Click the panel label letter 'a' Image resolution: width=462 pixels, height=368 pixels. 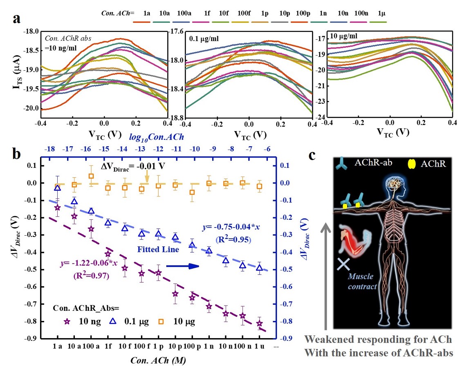tap(17, 20)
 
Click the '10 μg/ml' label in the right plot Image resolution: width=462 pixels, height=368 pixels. tap(340, 37)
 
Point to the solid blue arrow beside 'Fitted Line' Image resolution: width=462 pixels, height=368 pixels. tap(186, 266)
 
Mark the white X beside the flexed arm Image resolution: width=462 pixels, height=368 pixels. tap(343, 264)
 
